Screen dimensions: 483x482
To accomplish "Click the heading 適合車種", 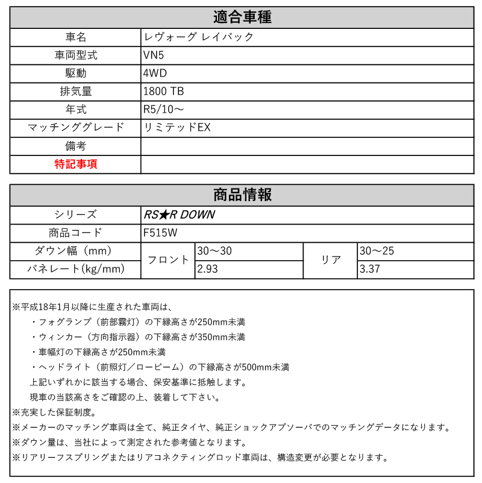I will pyautogui.click(x=242, y=17).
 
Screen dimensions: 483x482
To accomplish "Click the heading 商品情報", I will pyautogui.click(x=242, y=195).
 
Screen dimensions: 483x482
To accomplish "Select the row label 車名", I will pyautogui.click(x=75, y=37).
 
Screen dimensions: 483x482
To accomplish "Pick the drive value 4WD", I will pyautogui.click(x=155, y=73).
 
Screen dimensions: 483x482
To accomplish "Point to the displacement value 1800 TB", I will pyautogui.click(x=164, y=92).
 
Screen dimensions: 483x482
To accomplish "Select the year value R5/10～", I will pyautogui.click(x=164, y=110).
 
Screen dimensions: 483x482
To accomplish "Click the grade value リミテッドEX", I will pyautogui.click(x=177, y=128).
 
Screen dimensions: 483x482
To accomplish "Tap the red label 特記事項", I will pyautogui.click(x=75, y=164).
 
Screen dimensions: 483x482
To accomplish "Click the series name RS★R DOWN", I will pyautogui.click(x=178, y=214).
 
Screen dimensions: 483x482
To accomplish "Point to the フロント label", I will pyautogui.click(x=168, y=260).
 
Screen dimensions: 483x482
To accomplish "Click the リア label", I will pyautogui.click(x=331, y=260).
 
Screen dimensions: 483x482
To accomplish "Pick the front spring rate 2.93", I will pyautogui.click(x=207, y=269).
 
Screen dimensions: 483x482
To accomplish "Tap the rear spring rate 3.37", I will pyautogui.click(x=369, y=269).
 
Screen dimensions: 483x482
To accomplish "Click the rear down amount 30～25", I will pyautogui.click(x=376, y=251).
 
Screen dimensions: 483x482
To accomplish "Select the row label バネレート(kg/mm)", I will pyautogui.click(x=75, y=269).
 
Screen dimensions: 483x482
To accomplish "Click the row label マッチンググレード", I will pyautogui.click(x=75, y=128).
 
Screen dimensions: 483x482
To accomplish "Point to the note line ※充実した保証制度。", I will pyautogui.click(x=54, y=413).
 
